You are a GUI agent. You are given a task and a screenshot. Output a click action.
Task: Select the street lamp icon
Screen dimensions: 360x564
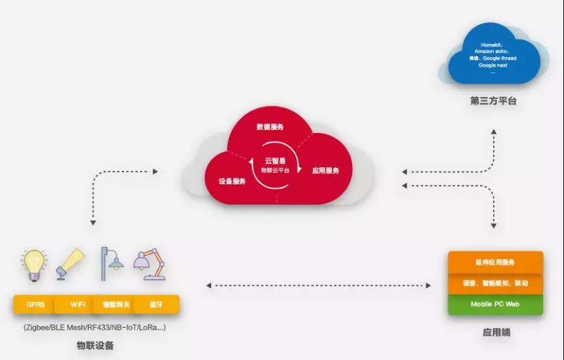coord(110,264)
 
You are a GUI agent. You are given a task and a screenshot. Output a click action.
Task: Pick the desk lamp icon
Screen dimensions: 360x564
coord(149,264)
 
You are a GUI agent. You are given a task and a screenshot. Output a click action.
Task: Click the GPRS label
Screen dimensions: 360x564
coord(35,305)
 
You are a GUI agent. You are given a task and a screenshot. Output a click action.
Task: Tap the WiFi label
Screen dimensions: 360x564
coord(77,305)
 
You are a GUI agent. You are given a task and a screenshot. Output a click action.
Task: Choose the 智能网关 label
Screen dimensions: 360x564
coord(115,305)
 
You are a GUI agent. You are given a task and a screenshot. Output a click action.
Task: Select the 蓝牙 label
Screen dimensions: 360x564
coord(155,305)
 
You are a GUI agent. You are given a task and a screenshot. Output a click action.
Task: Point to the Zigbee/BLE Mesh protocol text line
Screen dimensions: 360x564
coord(94,327)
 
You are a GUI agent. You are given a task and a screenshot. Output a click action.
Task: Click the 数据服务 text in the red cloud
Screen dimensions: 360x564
coord(270,127)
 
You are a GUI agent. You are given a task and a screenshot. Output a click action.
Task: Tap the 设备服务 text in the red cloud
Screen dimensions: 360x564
coord(232,181)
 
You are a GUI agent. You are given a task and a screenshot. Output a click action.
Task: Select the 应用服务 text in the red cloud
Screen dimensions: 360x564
coord(326,170)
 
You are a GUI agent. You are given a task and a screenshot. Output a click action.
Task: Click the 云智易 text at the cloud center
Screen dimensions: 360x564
coord(275,161)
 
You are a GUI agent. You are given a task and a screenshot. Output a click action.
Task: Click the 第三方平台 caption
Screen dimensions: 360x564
coord(494,101)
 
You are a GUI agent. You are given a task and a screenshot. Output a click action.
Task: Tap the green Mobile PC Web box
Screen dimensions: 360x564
coord(494,304)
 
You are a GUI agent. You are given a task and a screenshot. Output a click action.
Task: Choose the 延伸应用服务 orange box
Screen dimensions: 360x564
coord(494,262)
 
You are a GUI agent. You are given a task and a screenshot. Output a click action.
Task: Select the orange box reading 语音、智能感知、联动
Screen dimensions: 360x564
coord(494,283)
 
